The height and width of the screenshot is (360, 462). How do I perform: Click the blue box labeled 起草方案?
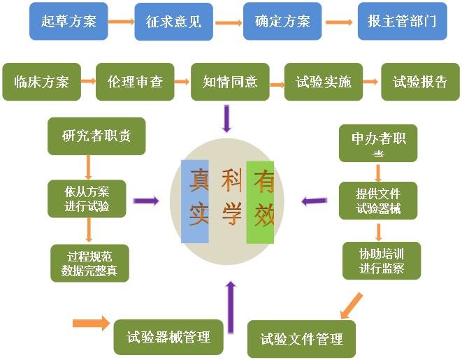tap(68, 21)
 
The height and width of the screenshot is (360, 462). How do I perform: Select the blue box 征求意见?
tap(173, 22)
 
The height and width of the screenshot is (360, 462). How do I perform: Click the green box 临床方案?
tap(41, 82)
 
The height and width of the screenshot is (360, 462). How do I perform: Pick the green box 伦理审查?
tap(135, 82)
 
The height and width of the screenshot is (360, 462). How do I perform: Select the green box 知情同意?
tap(230, 82)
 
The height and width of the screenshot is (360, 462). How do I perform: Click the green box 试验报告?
tap(420, 82)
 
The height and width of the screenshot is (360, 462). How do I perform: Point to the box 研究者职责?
tap(96, 136)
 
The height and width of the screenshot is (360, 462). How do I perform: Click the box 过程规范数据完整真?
tap(90, 262)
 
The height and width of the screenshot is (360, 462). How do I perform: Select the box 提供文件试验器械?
tap(378, 201)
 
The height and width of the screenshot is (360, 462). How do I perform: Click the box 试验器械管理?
tap(168, 338)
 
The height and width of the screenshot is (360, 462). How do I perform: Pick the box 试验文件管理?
tap(301, 339)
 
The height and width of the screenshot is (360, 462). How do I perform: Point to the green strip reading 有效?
tap(260, 201)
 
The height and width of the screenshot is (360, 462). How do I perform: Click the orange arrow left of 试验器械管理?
tap(91, 323)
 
